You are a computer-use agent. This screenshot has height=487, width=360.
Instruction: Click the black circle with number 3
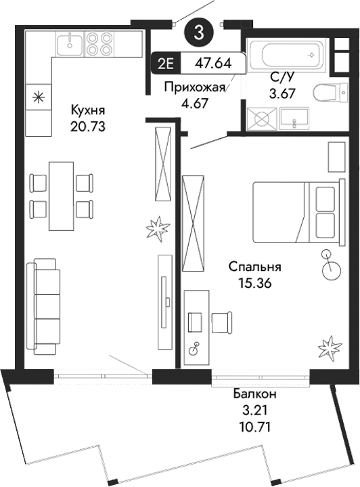198,31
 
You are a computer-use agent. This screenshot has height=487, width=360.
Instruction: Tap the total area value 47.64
213,64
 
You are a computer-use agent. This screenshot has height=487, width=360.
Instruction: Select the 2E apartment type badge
165,64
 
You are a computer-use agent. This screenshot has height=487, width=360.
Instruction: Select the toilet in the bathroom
330,93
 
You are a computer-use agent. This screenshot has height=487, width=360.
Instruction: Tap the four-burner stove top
100,43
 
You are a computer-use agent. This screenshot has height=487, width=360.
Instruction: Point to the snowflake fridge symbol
38,97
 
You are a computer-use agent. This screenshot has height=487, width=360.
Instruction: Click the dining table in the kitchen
60,196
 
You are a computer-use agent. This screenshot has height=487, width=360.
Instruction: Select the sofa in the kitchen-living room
43,306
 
